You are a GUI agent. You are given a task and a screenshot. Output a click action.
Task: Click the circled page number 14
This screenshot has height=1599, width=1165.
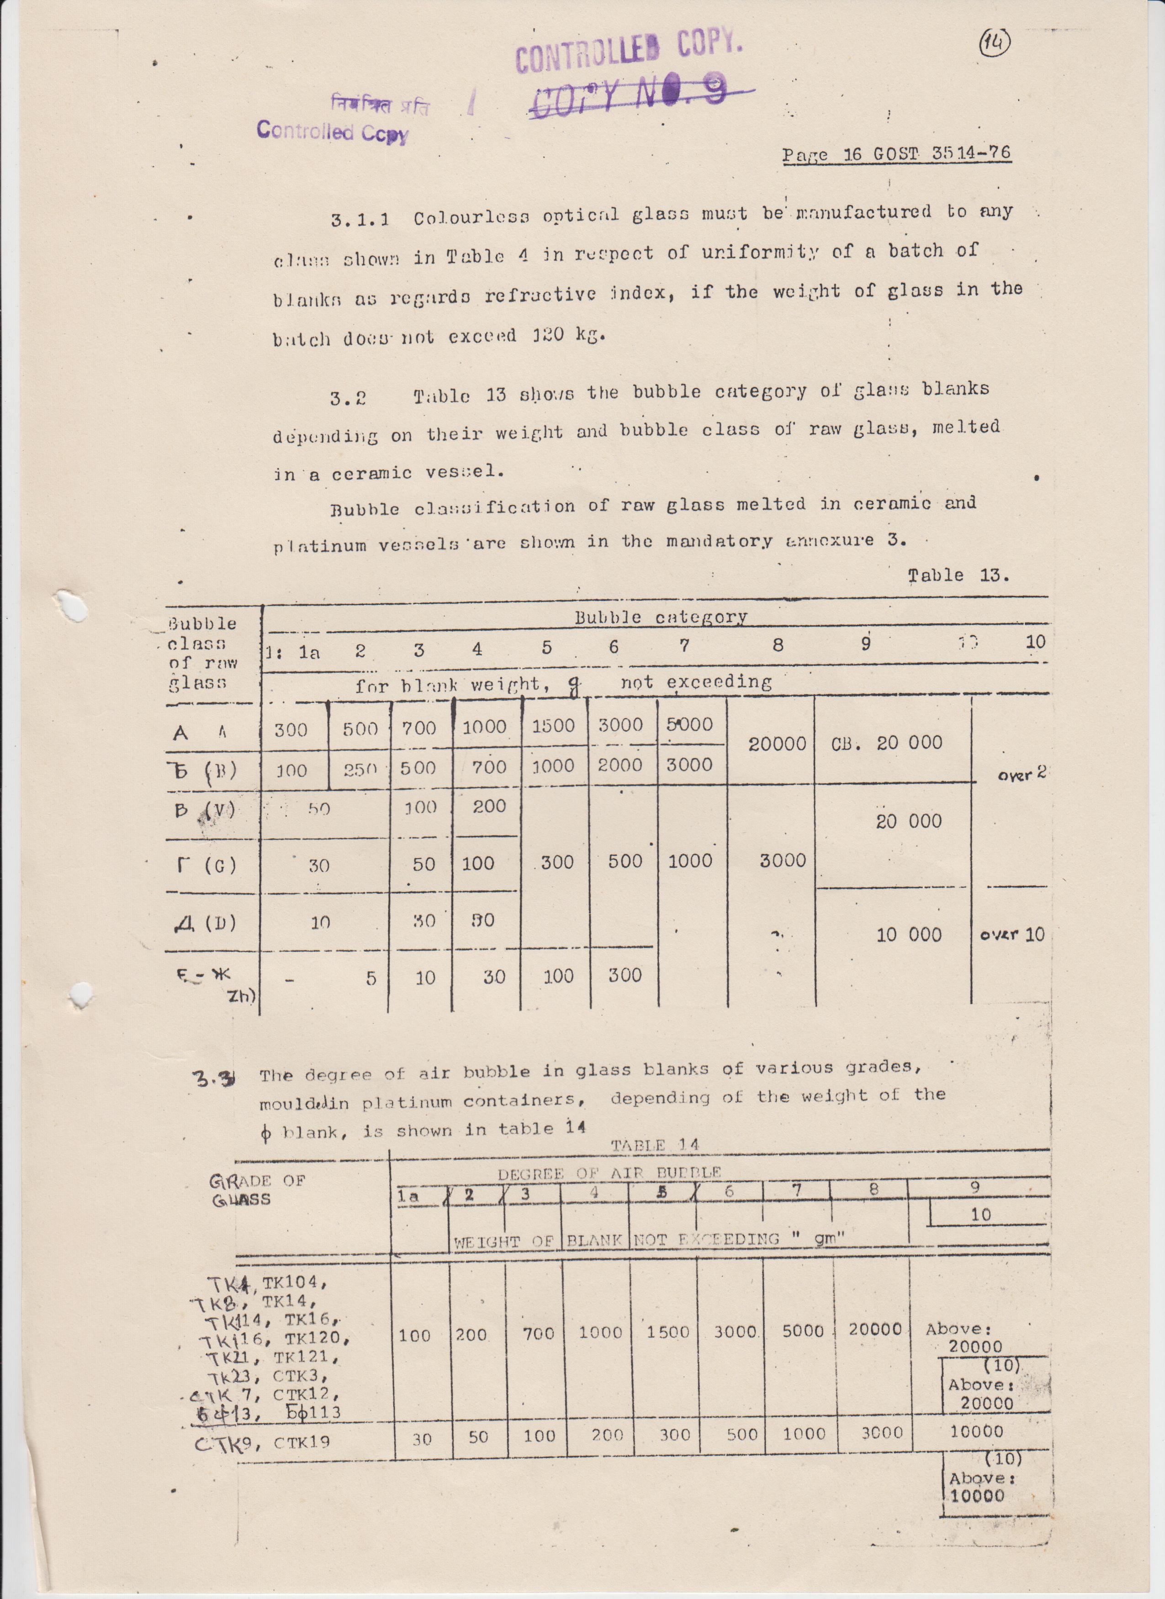coord(995,44)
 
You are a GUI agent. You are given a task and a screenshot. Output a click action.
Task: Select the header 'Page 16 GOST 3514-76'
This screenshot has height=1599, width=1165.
coord(896,154)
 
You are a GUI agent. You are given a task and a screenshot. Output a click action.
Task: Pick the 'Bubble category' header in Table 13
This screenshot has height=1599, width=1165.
coord(660,617)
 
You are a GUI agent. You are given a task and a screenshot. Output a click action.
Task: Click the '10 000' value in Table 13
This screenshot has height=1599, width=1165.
coord(908,935)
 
